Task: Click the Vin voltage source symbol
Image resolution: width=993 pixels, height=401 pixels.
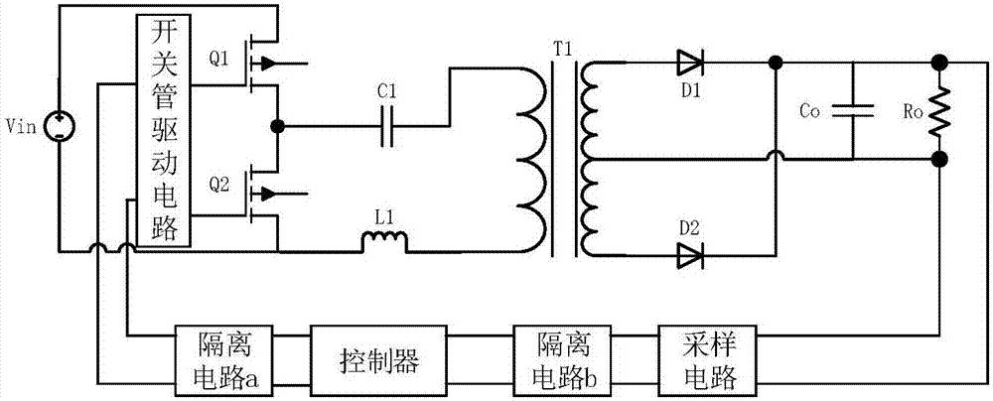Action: (60, 126)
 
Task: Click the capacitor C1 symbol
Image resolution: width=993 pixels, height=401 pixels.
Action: (389, 126)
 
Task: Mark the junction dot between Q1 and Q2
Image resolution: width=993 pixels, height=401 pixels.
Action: (279, 126)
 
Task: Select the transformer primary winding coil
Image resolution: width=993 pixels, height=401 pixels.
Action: (528, 149)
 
